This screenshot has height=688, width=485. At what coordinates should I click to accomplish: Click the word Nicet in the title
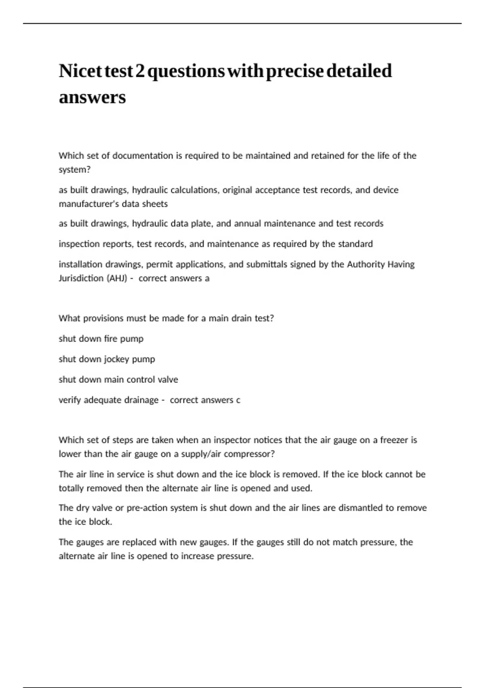point(80,71)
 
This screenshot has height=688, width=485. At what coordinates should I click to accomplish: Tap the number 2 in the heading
point(140,71)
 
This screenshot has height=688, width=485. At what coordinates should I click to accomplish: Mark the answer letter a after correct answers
point(207,278)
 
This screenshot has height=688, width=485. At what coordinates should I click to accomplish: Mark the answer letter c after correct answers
point(238,400)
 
